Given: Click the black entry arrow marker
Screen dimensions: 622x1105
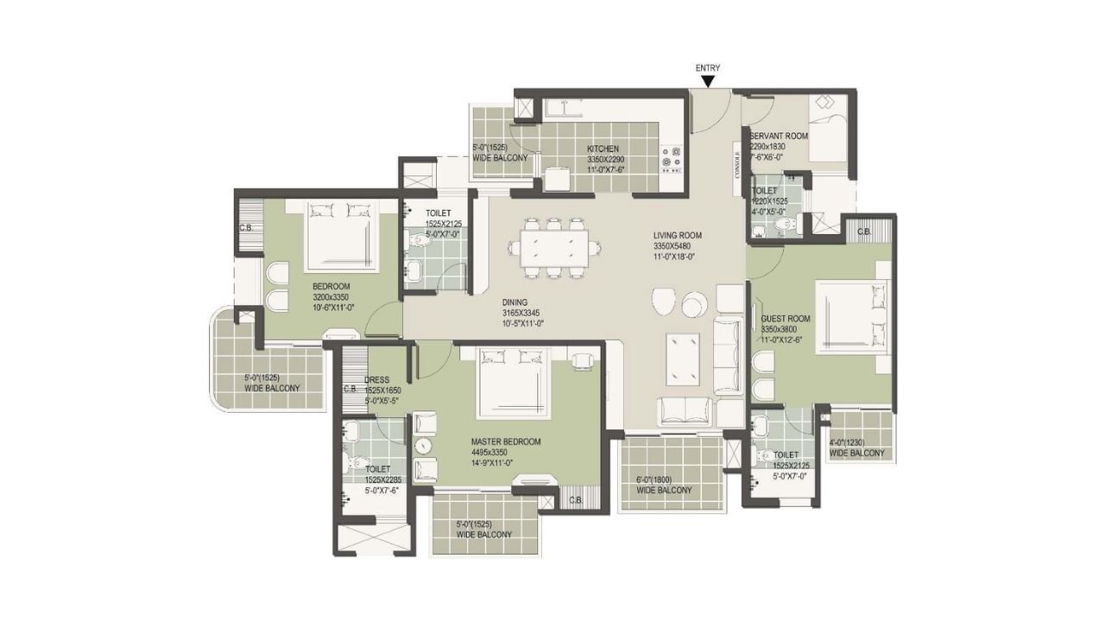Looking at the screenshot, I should click(708, 82).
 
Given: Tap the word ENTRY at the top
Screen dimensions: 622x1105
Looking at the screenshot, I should click(708, 68).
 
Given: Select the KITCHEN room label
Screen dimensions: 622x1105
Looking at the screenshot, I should click(602, 149).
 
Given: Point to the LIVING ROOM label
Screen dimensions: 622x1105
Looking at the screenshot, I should click(677, 235).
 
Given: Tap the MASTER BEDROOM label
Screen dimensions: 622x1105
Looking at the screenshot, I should click(506, 441).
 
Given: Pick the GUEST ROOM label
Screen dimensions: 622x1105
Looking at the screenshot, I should click(785, 319).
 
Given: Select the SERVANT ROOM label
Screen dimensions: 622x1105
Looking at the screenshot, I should click(779, 136).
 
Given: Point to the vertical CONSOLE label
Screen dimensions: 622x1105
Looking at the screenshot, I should click(736, 165).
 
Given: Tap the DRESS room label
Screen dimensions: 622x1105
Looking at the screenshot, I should click(376, 379).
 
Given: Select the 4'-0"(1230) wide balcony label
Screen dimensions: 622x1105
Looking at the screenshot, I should click(856, 443).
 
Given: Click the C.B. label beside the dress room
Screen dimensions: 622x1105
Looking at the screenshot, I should click(350, 389).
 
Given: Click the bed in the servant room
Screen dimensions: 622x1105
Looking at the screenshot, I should click(830, 130).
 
